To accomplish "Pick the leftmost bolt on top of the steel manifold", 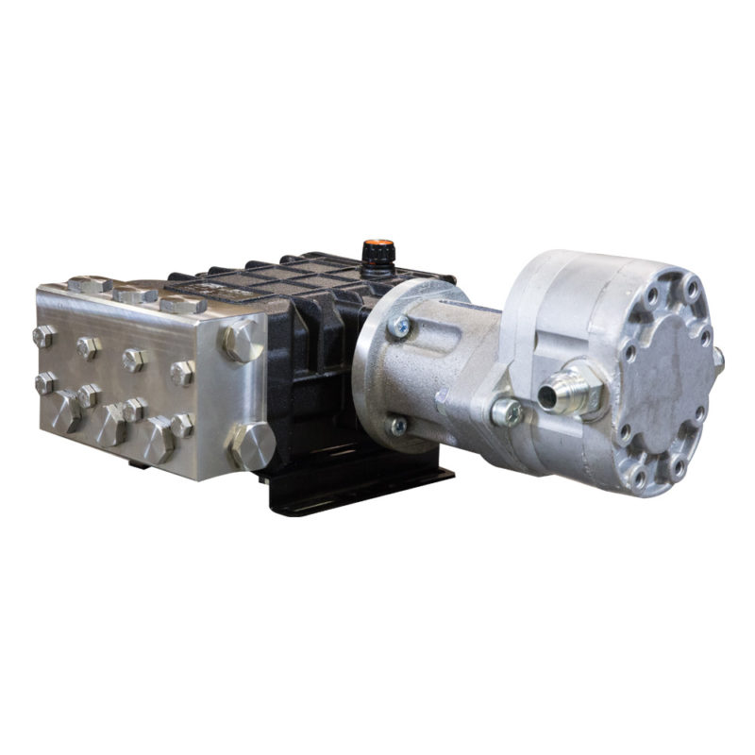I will (x=89, y=284).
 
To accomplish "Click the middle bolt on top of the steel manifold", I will (x=135, y=294).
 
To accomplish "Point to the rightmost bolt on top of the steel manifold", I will (x=183, y=304).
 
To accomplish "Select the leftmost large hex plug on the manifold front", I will (x=66, y=411).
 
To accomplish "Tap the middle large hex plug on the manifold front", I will (x=110, y=425).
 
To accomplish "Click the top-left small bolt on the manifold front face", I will (x=43, y=336).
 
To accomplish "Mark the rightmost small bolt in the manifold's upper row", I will (x=182, y=372).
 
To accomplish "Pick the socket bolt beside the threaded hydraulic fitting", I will (x=508, y=411).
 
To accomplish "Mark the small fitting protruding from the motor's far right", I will (x=718, y=358).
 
